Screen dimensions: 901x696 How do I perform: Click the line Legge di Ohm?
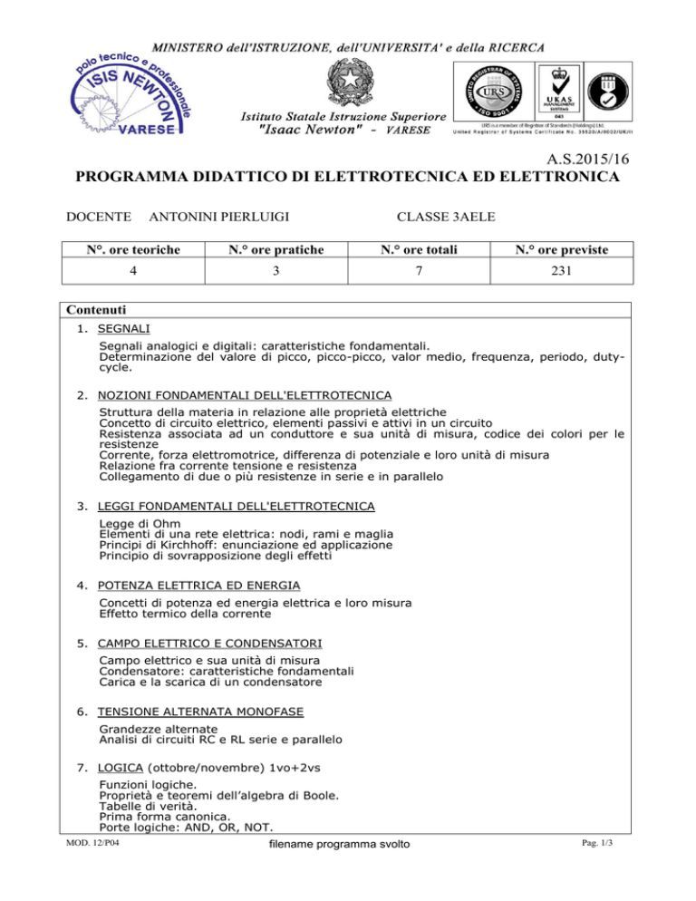coord(140,524)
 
